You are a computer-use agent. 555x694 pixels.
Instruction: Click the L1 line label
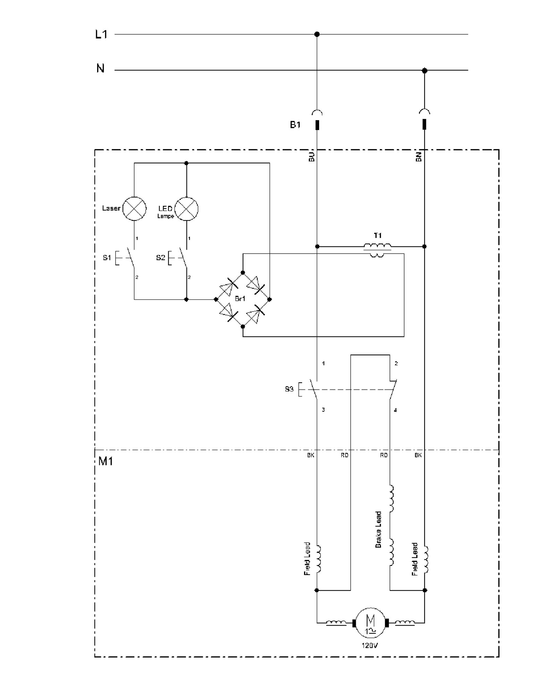point(101,34)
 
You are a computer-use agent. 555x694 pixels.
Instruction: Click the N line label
point(100,68)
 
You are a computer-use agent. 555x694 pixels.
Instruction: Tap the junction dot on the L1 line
point(317,34)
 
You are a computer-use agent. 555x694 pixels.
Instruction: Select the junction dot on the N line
point(424,70)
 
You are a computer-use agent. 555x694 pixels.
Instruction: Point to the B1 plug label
point(295,125)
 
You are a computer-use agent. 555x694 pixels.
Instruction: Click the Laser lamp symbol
point(134,209)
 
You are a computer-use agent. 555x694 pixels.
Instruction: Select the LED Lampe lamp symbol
point(186,209)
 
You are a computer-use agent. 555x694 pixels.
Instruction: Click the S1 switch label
point(107,257)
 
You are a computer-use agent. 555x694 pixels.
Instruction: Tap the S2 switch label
point(160,257)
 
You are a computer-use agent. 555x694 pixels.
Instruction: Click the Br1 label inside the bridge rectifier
point(240,298)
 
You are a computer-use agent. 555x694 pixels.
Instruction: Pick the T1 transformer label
point(378,236)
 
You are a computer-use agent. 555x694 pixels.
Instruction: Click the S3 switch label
point(289,389)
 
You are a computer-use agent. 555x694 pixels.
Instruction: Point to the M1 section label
point(105,461)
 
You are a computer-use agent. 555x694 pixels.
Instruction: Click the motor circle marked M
point(370,623)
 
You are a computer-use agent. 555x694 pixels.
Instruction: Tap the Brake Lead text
point(378,530)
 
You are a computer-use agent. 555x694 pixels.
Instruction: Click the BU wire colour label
point(311,157)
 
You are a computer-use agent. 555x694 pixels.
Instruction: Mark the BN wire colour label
point(419,157)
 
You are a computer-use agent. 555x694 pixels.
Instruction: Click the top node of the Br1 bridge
point(243,272)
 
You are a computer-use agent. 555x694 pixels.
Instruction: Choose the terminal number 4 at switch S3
point(395,410)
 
